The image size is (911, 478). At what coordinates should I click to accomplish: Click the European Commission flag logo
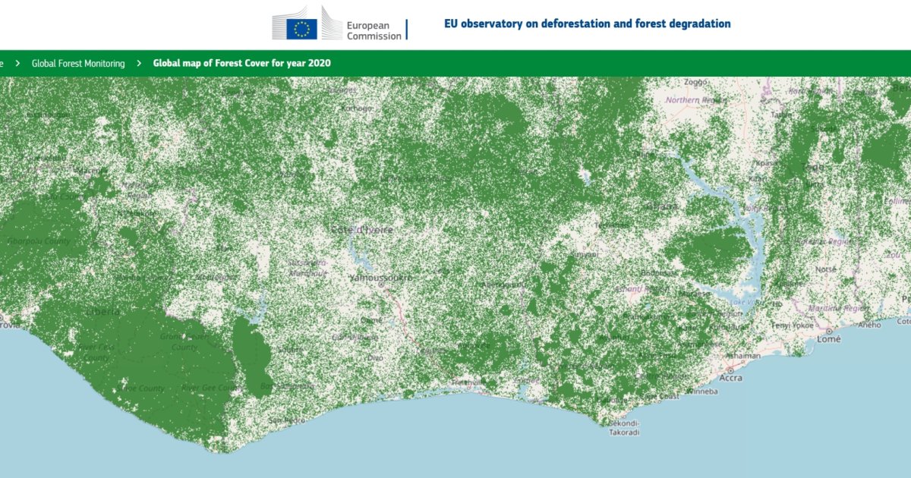[x=301, y=29]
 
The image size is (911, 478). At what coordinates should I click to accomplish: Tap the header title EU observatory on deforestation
[x=587, y=24]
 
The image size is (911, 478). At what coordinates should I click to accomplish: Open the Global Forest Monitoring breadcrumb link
[x=78, y=64]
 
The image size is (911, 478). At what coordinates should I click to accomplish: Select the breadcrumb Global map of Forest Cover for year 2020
[x=241, y=64]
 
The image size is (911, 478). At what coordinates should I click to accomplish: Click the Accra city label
[x=730, y=378]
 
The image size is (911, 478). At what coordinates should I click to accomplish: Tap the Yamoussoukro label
[x=381, y=278]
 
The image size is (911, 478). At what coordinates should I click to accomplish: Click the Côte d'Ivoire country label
[x=361, y=229]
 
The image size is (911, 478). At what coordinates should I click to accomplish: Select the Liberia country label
[x=102, y=312]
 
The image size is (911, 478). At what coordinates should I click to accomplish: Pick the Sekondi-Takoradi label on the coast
[x=624, y=428]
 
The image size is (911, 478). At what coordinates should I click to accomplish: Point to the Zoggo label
[x=695, y=82]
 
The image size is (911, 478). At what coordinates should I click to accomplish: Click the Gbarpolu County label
[x=38, y=241]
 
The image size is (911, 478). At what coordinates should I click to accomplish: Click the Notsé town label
[x=824, y=269]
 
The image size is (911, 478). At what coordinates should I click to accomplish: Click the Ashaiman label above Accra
[x=743, y=356]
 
